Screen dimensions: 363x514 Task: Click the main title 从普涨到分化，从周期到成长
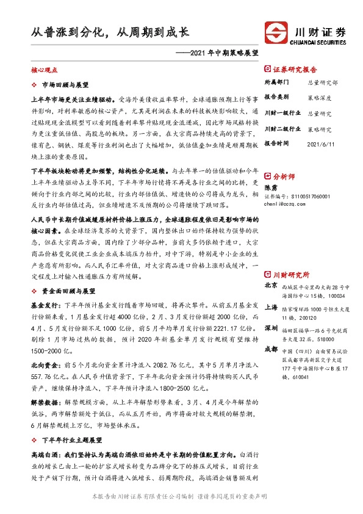coord(110,32)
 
